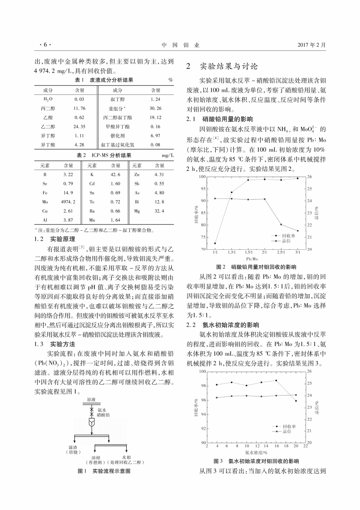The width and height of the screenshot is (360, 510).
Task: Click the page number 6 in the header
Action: (45, 45)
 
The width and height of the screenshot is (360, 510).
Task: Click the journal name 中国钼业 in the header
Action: (180, 45)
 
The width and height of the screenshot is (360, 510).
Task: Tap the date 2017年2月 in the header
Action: (312, 45)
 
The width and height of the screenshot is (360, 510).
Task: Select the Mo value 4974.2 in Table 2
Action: (68, 201)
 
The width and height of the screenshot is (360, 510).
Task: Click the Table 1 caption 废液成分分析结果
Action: (111, 80)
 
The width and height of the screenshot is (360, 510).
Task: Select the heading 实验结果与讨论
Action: (229, 66)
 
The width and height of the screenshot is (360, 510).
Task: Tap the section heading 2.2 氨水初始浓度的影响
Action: (223, 325)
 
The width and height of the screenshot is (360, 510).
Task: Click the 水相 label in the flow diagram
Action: (127, 457)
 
